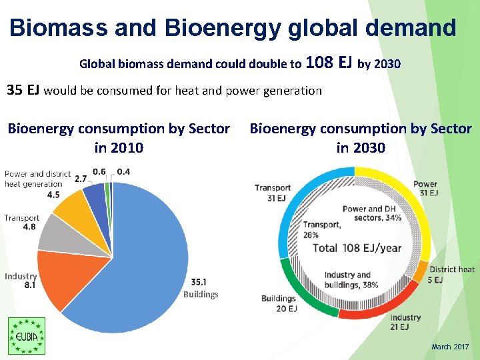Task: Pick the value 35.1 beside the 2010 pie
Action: [x=198, y=281]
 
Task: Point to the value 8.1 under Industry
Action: [x=30, y=285]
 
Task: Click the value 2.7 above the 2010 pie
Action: [x=81, y=179]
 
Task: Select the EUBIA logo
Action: [x=26, y=336]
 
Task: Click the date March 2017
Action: [x=450, y=347]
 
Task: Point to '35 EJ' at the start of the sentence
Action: [x=23, y=90]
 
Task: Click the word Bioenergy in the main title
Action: [x=220, y=28]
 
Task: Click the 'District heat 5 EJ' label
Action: [x=451, y=274]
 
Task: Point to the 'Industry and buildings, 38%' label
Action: [x=351, y=280]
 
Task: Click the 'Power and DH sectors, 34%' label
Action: [x=371, y=213]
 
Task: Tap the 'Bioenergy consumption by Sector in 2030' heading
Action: [x=360, y=138]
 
